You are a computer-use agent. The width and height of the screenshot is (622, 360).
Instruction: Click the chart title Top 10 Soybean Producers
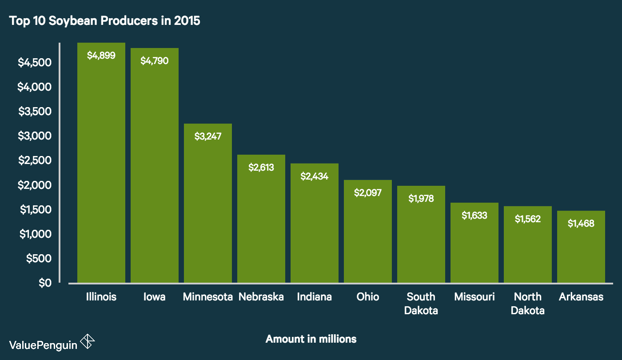(x=104, y=21)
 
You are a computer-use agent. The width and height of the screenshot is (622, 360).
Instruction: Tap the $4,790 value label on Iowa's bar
(x=155, y=61)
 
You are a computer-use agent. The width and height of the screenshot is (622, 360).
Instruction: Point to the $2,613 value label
(x=261, y=168)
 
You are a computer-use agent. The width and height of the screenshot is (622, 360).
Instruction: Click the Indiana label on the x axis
(x=315, y=297)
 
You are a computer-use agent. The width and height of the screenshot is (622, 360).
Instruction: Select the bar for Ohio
(x=368, y=236)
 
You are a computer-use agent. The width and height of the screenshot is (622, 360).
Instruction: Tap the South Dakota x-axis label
(x=421, y=304)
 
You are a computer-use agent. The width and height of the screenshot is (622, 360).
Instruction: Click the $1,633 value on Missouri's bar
(x=474, y=216)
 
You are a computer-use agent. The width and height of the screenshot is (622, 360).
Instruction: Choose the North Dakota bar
(x=528, y=249)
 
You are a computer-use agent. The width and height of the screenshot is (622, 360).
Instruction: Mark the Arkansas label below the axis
(x=581, y=297)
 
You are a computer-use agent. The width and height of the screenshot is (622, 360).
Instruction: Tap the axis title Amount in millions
(x=311, y=339)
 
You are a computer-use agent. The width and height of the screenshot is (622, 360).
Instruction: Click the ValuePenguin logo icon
(x=88, y=342)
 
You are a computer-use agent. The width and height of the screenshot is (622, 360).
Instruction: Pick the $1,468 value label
(x=581, y=224)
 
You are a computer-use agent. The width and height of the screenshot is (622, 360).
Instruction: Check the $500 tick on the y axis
(x=39, y=258)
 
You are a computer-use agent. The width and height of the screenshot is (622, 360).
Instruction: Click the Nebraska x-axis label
(x=261, y=297)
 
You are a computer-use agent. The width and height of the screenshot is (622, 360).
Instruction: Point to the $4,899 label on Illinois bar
(x=101, y=56)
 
